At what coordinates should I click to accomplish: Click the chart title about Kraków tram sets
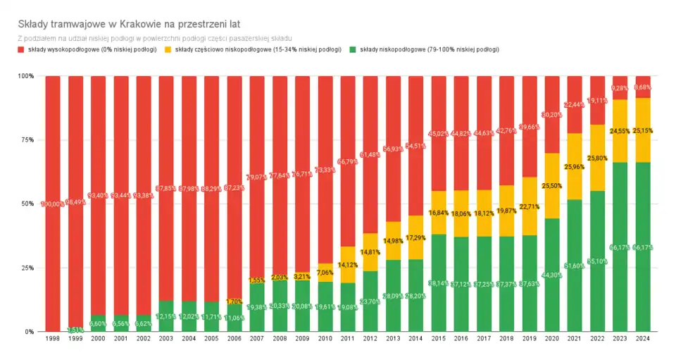129,23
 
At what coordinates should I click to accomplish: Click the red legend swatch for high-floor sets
20,50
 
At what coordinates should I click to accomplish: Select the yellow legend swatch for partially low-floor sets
168,50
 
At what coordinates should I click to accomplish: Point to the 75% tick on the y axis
25,140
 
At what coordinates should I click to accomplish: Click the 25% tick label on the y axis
25,268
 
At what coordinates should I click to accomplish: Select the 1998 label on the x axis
53,339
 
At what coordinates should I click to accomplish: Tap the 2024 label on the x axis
643,339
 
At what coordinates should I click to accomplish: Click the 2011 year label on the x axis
348,339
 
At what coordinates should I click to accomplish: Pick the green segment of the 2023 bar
620,268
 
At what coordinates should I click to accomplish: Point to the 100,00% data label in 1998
53,204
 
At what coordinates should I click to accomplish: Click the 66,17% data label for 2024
643,247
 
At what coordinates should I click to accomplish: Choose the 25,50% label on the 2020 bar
552,185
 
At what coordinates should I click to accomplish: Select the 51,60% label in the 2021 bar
575,266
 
